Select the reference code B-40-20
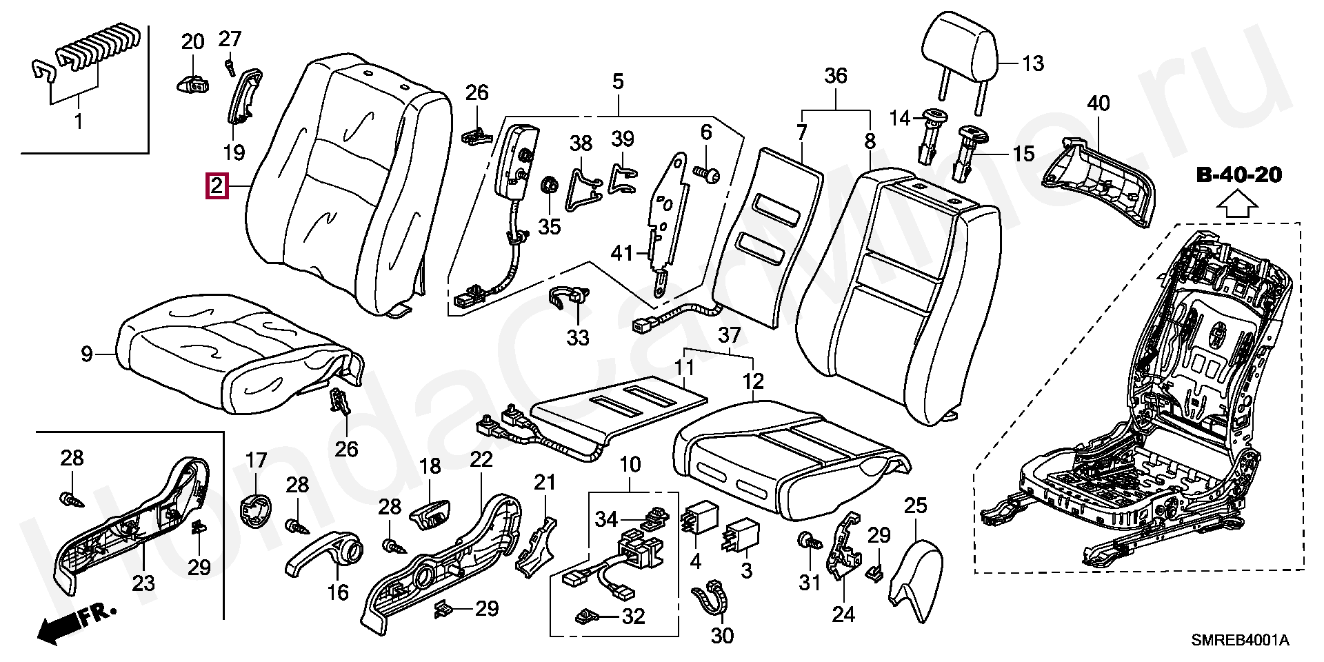pyautogui.click(x=1238, y=174)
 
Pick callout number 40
pyautogui.click(x=1099, y=104)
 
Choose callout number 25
pyautogui.click(x=915, y=505)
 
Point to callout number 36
pyautogui.click(x=836, y=76)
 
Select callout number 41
pyautogui.click(x=621, y=254)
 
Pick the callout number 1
pyautogui.click(x=78, y=122)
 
